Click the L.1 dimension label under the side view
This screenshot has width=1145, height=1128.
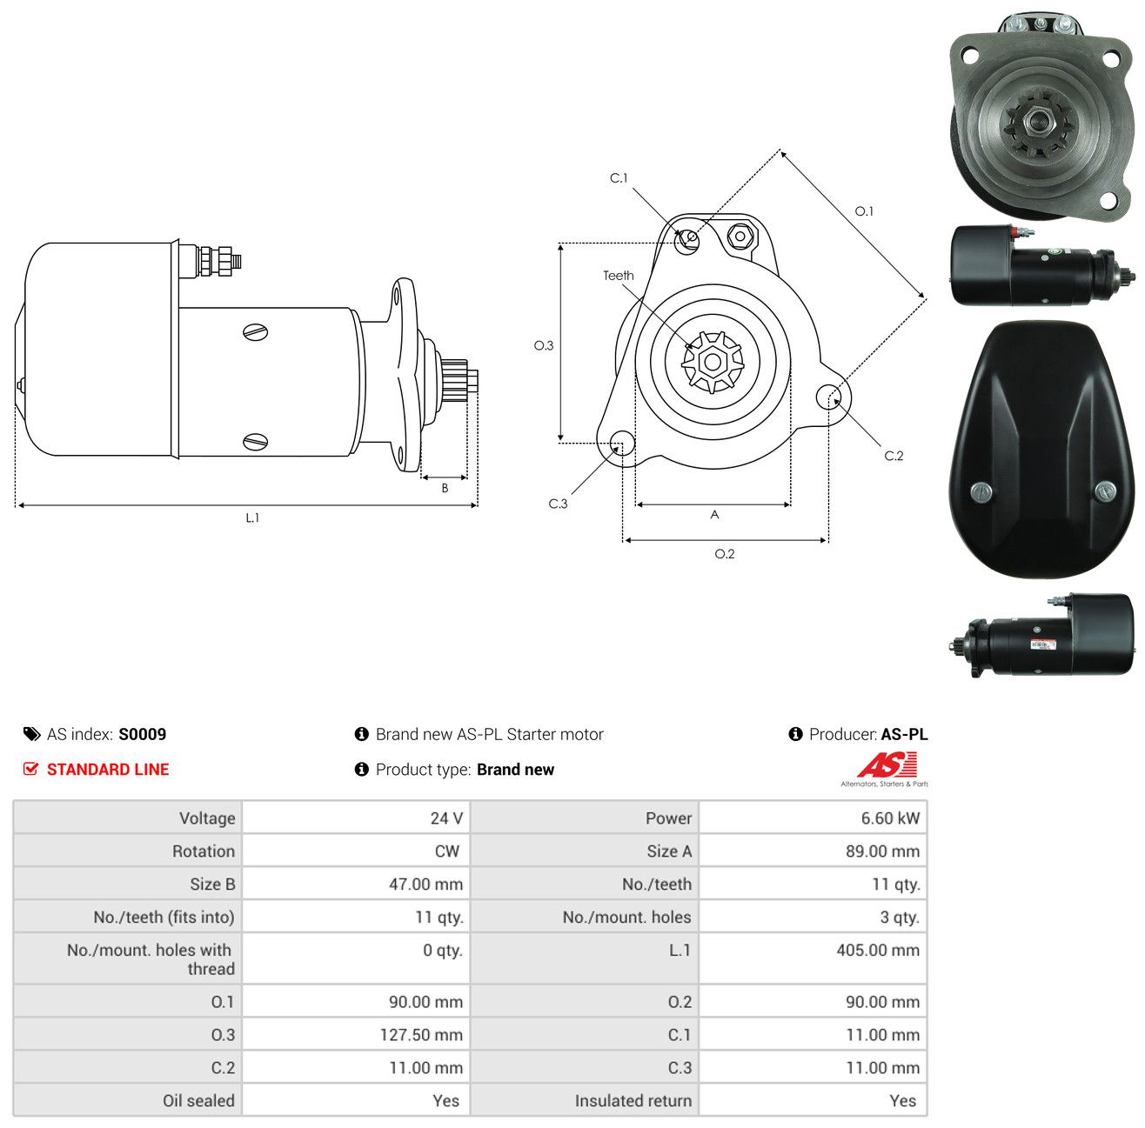pyautogui.click(x=252, y=518)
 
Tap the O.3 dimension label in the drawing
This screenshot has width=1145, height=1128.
pyautogui.click(x=544, y=345)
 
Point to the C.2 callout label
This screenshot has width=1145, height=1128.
pyautogui.click(x=894, y=456)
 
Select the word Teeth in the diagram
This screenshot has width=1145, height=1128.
pyautogui.click(x=619, y=276)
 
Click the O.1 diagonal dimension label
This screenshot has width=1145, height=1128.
pyautogui.click(x=864, y=210)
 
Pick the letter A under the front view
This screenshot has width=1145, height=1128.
pyautogui.click(x=715, y=514)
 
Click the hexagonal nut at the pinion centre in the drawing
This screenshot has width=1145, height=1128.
pyautogui.click(x=713, y=361)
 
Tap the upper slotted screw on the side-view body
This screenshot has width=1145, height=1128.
pyautogui.click(x=256, y=332)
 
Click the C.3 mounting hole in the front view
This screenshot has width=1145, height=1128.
pyautogui.click(x=622, y=443)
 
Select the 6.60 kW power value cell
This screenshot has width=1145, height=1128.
pyautogui.click(x=814, y=818)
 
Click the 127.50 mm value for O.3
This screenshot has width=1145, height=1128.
pyautogui.click(x=421, y=1035)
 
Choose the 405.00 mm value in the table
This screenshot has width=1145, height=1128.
pyautogui.click(x=878, y=950)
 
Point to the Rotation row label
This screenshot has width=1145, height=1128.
pyautogui.click(x=204, y=851)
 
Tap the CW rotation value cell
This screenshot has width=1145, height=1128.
pyautogui.click(x=356, y=851)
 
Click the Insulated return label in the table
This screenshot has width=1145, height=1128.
pyautogui.click(x=633, y=1101)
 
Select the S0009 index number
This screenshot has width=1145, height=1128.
pyautogui.click(x=143, y=734)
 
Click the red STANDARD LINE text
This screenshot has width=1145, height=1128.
pyautogui.click(x=108, y=769)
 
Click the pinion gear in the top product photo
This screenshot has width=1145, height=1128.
pyautogui.click(x=1040, y=124)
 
